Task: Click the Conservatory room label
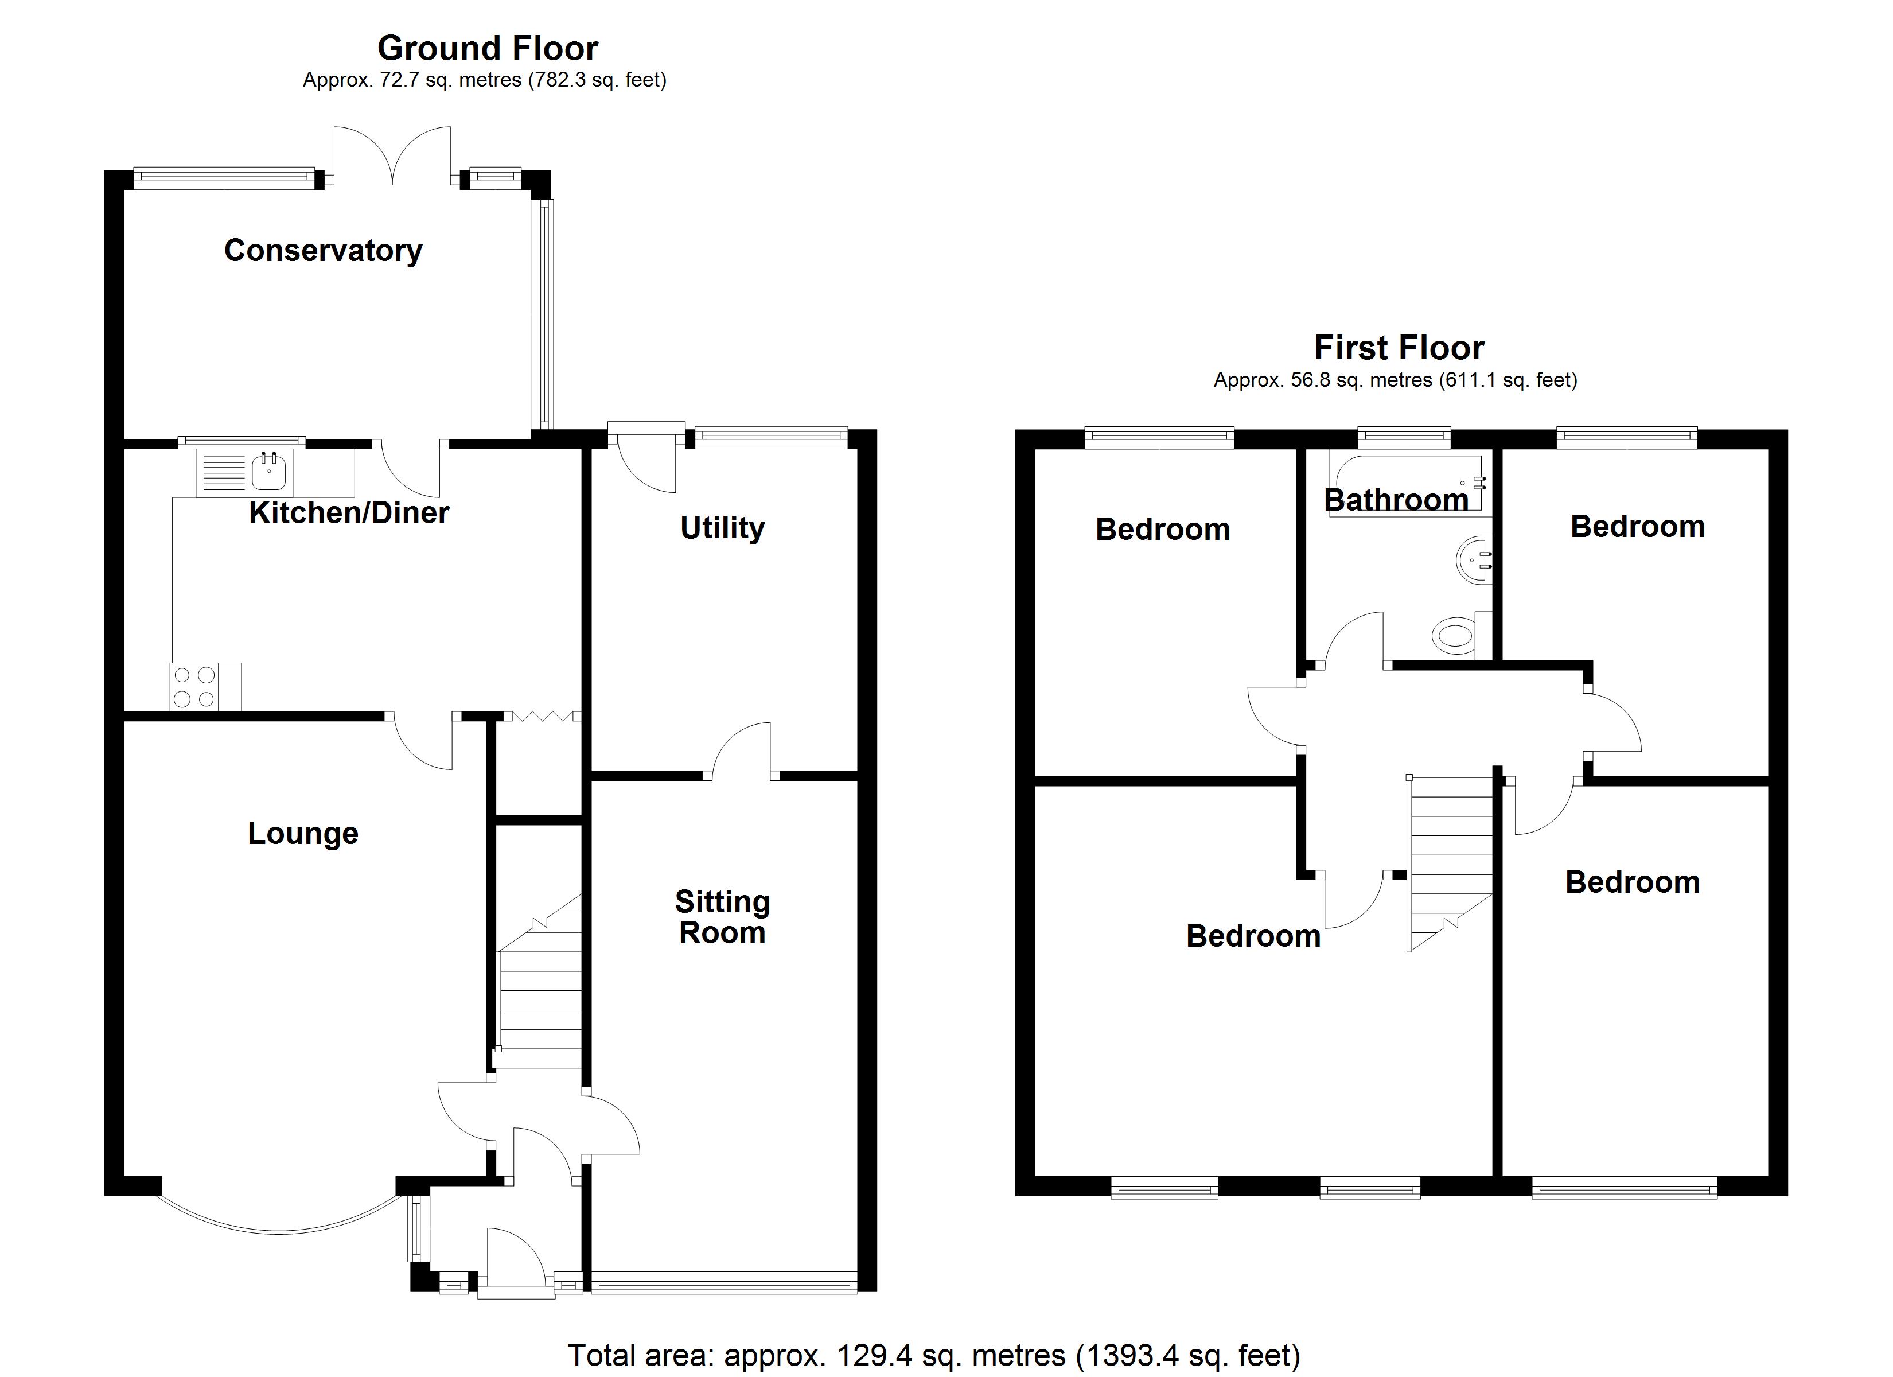point(323,251)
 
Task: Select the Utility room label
point(722,528)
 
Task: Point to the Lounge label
point(303,834)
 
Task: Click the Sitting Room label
point(722,917)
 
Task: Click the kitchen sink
point(269,473)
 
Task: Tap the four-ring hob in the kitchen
point(194,686)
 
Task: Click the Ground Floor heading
point(488,48)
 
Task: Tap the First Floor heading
point(1399,347)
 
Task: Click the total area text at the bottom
point(933,1355)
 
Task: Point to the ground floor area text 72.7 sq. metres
point(484,80)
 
